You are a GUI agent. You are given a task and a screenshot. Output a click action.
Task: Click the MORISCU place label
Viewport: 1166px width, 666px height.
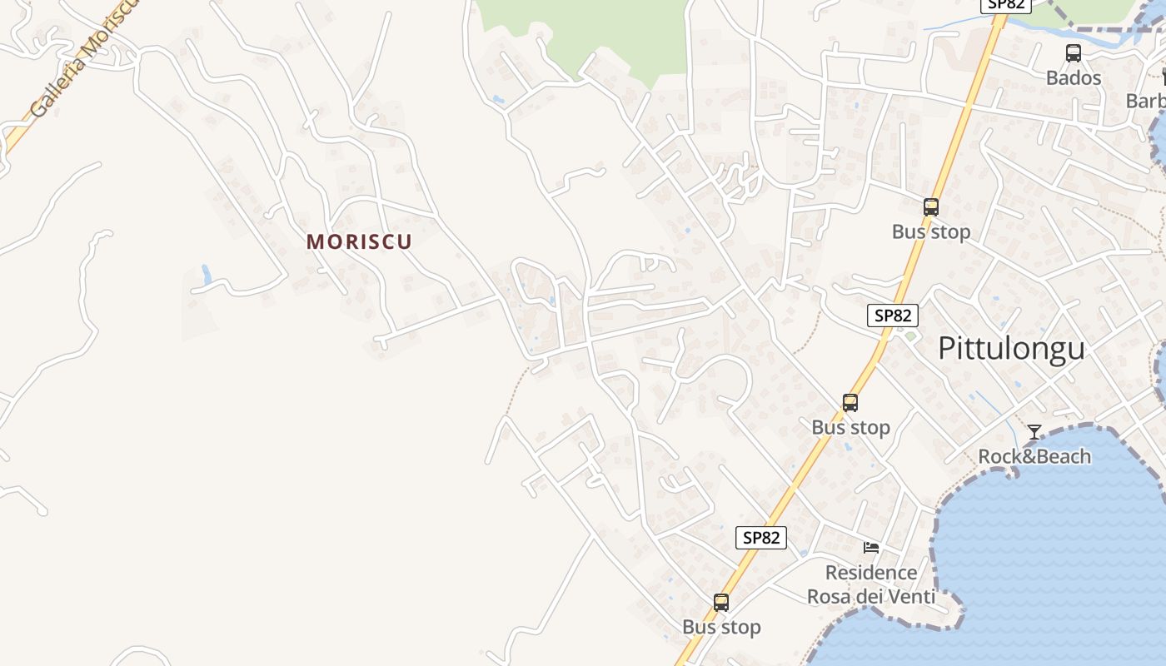[x=359, y=241]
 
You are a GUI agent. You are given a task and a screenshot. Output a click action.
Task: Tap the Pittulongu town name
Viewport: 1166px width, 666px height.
[x=1011, y=348]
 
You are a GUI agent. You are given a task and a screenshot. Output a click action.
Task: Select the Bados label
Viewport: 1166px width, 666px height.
[x=1074, y=78]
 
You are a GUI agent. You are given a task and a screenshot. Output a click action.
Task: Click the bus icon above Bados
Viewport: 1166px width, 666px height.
[x=1074, y=53]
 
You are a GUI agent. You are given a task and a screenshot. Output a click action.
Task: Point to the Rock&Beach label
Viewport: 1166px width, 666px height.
[x=1034, y=456]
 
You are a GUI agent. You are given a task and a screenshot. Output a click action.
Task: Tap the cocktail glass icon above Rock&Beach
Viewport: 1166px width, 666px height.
[x=1034, y=431]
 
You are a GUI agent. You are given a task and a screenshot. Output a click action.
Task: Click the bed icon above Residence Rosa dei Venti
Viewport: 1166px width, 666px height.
[x=871, y=547]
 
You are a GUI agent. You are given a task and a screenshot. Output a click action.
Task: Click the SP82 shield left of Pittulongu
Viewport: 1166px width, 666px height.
[x=892, y=316]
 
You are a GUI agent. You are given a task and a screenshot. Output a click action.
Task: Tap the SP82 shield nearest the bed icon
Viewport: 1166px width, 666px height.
[x=761, y=538]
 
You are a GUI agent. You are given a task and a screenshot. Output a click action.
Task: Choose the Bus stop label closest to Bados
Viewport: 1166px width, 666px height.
[x=930, y=231]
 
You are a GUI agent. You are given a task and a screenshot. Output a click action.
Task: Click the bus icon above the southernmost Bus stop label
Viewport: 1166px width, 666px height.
[x=721, y=602]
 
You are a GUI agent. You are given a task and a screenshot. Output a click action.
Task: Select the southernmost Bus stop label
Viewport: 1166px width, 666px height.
[x=721, y=627]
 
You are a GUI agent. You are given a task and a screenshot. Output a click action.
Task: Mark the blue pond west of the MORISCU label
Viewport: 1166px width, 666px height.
[x=206, y=272]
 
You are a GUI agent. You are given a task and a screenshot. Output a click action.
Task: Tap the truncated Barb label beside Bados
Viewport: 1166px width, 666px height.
[x=1146, y=101]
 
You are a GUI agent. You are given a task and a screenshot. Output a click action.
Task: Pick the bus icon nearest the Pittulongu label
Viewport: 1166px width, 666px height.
[x=850, y=403]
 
